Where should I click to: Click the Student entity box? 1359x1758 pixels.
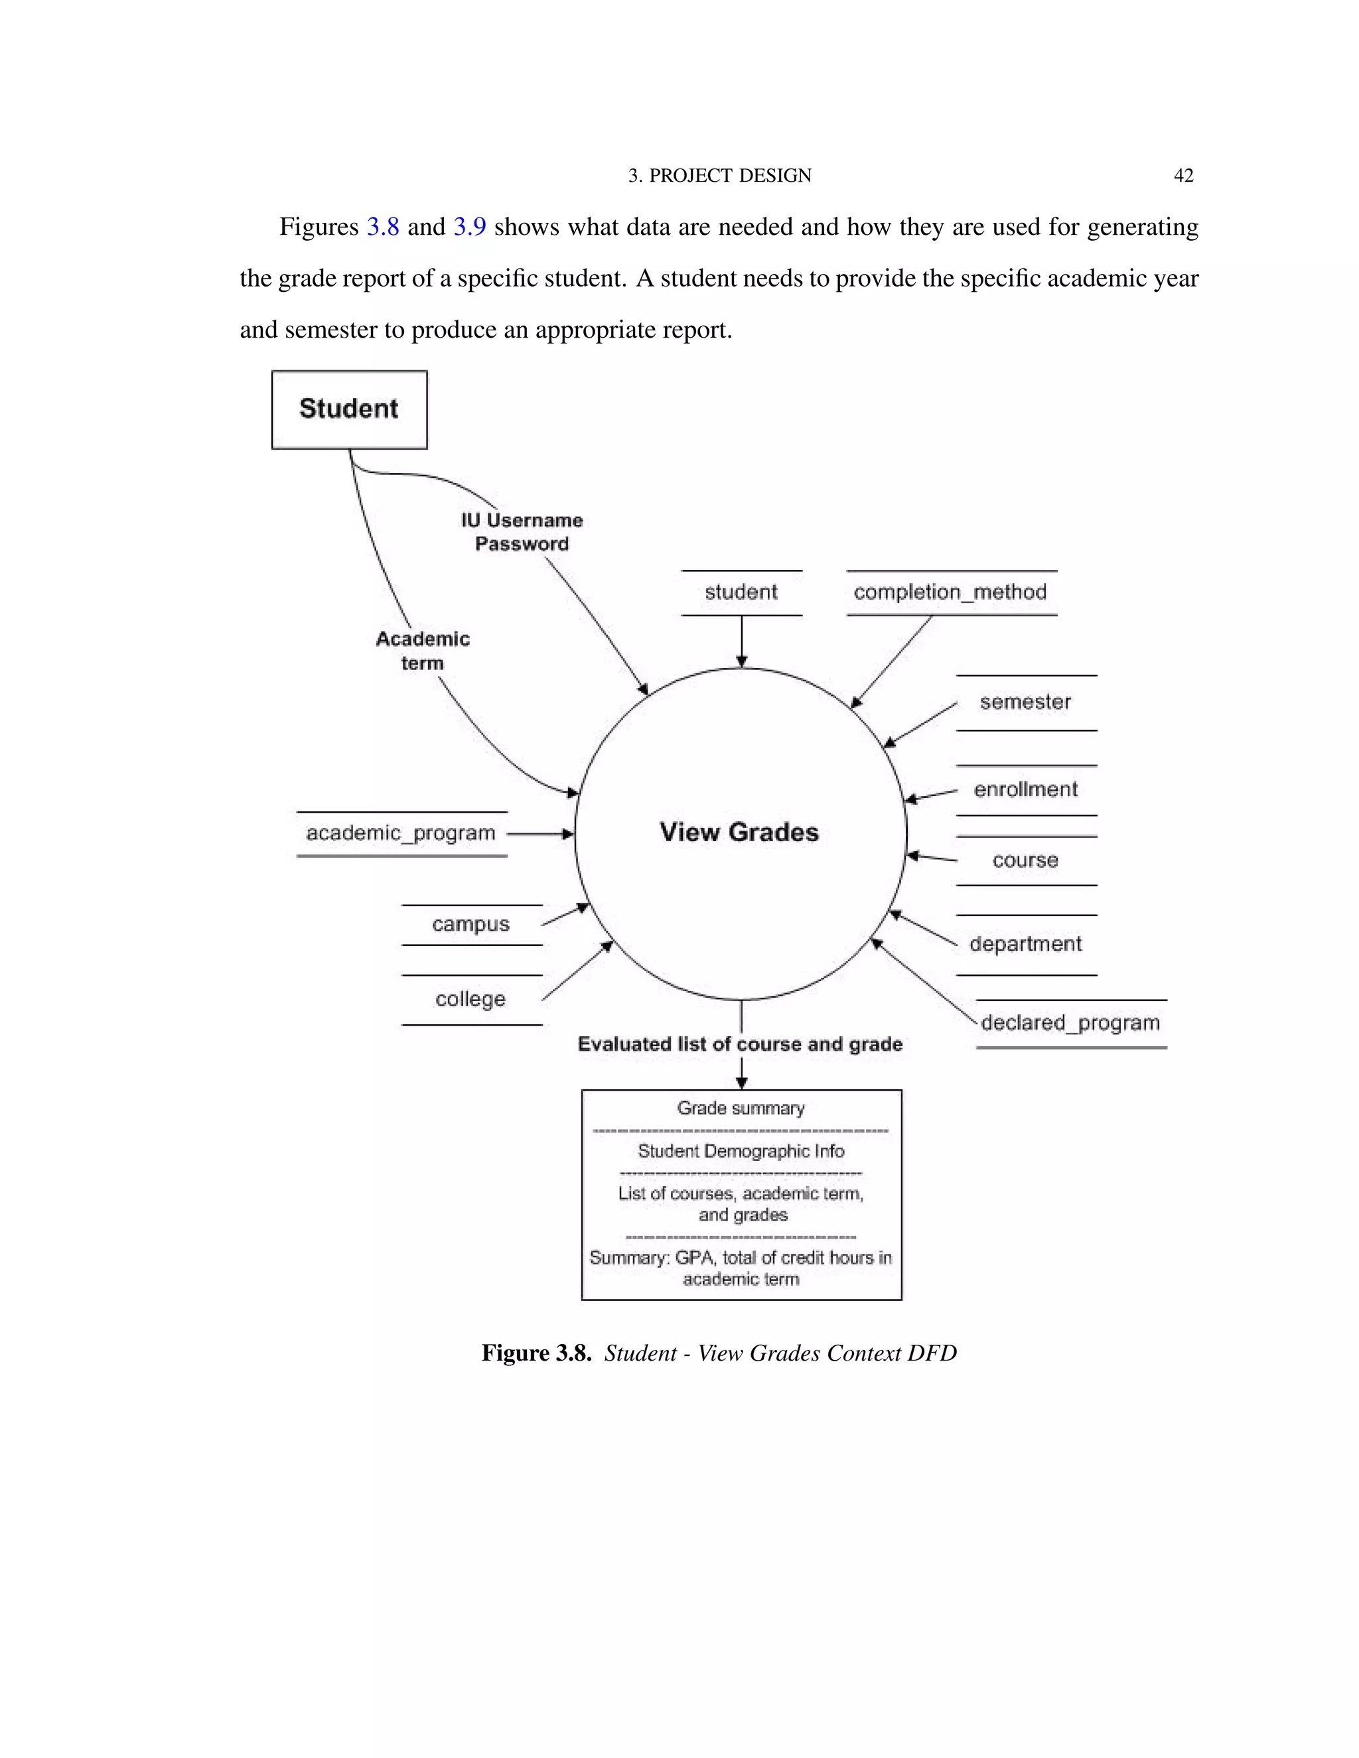[348, 409]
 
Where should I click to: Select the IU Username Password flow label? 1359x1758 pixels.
[522, 532]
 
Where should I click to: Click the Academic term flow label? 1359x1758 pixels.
[423, 650]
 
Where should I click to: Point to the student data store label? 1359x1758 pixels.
[741, 592]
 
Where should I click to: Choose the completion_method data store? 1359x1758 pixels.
[950, 592]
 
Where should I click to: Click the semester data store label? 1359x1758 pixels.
[1025, 702]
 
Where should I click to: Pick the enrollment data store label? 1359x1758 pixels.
[1025, 789]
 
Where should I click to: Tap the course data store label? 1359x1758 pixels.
[1025, 860]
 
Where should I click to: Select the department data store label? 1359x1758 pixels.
[1025, 944]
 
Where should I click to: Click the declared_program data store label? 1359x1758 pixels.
[1070, 1023]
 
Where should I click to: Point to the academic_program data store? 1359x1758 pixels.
[401, 833]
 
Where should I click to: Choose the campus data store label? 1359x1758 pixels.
[470, 924]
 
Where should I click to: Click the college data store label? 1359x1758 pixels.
[470, 999]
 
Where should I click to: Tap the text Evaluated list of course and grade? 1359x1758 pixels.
[740, 1044]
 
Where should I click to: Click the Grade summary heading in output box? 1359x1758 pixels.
[741, 1109]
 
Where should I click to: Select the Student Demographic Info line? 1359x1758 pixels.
[741, 1151]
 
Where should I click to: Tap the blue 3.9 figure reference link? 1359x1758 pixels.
[469, 227]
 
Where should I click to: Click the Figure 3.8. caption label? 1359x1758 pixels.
[536, 1353]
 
